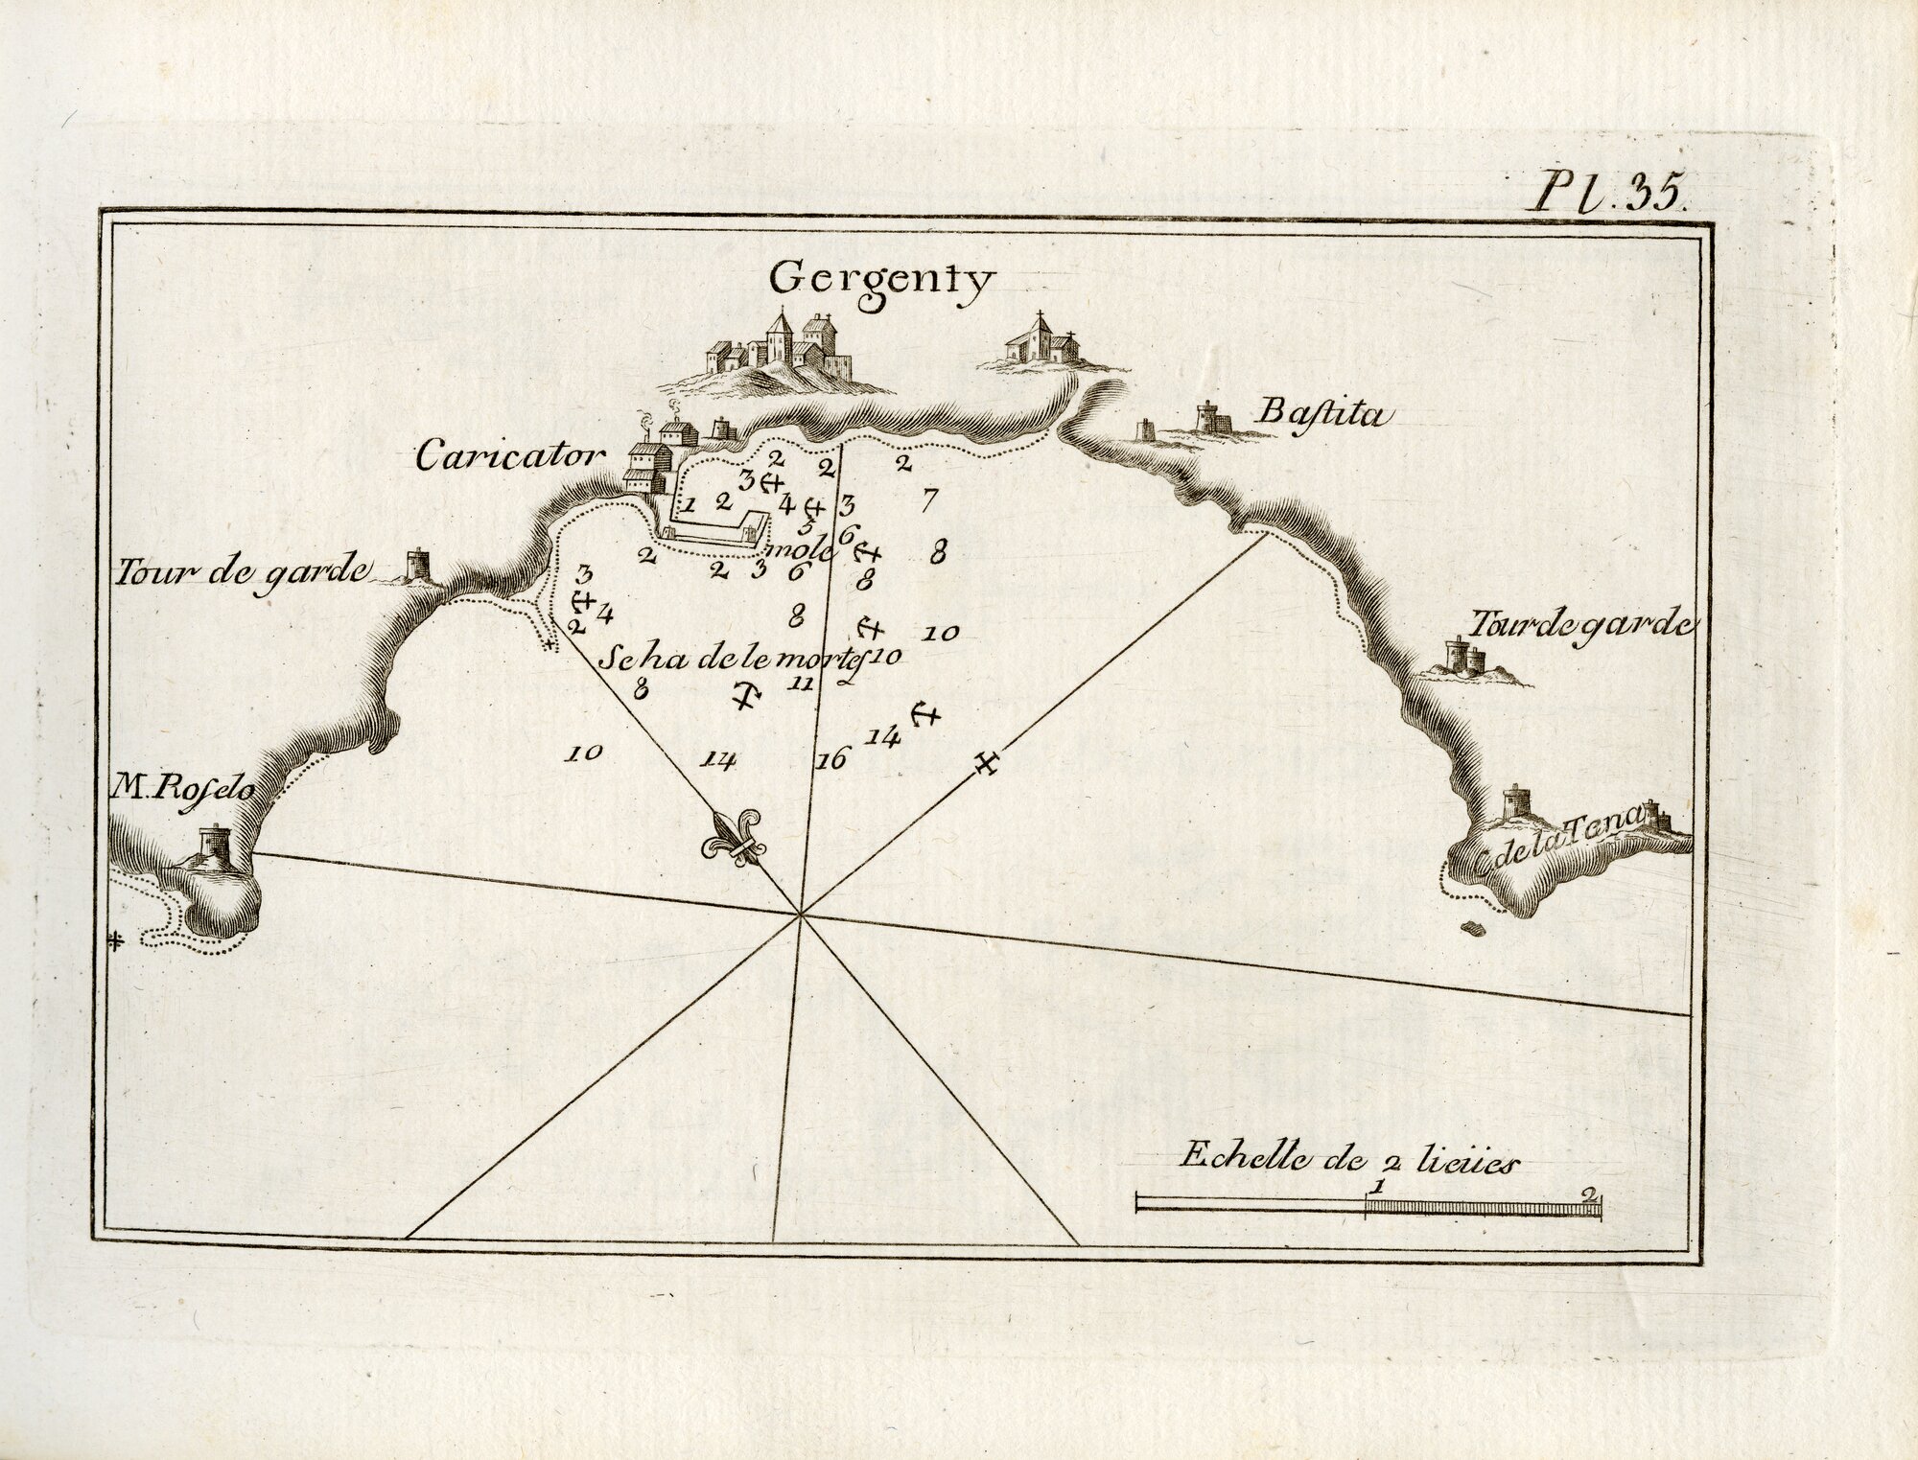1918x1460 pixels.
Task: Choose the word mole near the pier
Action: [x=786, y=547]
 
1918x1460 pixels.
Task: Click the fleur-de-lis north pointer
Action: [x=734, y=840]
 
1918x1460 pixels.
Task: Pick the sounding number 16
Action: [x=830, y=760]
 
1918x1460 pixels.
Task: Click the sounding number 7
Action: [x=926, y=498]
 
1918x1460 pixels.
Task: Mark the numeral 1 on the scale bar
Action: [x=1377, y=1186]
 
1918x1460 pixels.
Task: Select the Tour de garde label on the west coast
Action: [x=245, y=573]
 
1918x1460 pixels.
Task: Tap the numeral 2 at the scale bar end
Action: [x=1591, y=1195]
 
